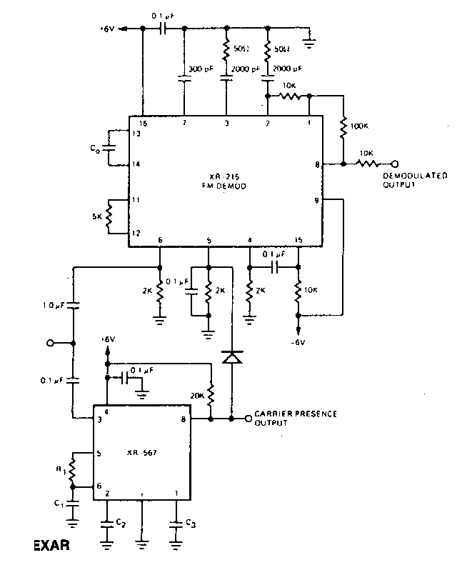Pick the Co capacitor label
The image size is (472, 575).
[95, 149]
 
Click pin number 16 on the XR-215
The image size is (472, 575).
[143, 124]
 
